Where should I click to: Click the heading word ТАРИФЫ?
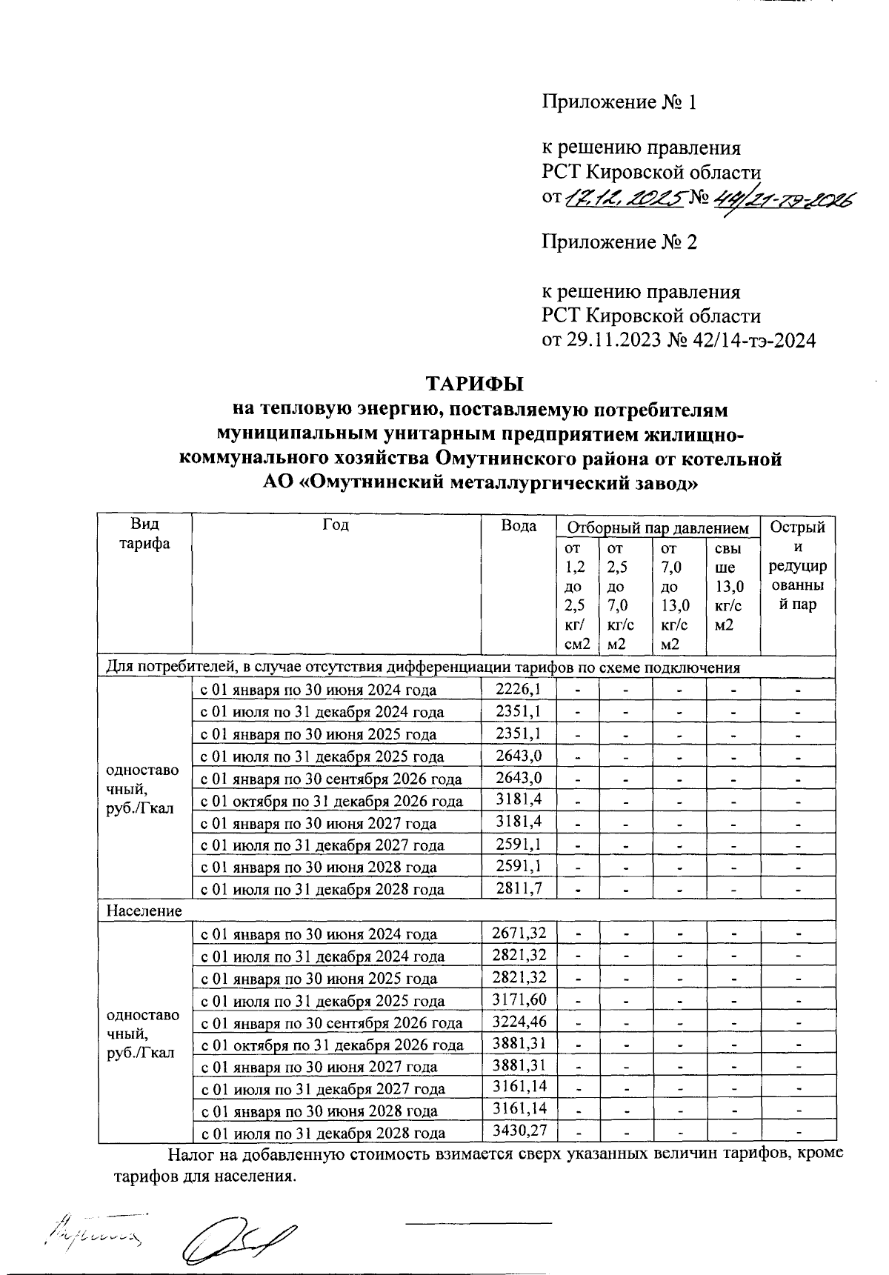click(x=474, y=385)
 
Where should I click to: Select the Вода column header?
click(x=519, y=526)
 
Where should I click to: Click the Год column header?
click(x=336, y=526)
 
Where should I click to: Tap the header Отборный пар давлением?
click(x=658, y=528)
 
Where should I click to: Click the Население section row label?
click(x=144, y=911)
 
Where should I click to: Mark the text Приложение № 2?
click(x=619, y=242)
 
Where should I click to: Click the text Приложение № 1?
click(x=619, y=101)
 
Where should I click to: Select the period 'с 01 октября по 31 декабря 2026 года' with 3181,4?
click(x=331, y=801)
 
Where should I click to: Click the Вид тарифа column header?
click(x=145, y=534)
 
